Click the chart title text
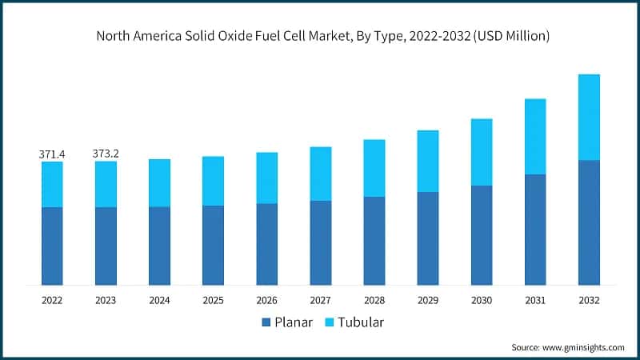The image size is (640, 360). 320,36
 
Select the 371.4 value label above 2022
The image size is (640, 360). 52,153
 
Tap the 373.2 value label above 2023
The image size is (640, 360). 106,153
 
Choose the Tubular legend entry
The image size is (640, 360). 357,322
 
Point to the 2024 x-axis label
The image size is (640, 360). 159,300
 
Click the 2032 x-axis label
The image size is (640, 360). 589,300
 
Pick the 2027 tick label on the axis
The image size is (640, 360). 320,300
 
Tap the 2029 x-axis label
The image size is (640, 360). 427,300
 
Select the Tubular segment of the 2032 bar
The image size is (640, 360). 589,117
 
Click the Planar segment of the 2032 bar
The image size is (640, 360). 589,222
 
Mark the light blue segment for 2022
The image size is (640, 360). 52,184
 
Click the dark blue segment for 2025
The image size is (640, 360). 213,245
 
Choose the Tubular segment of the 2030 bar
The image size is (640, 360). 482,152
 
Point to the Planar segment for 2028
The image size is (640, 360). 374,240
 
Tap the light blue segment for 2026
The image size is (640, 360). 266,178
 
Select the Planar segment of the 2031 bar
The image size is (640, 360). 535,229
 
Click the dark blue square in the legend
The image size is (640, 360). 266,323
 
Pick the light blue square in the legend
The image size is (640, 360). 330,323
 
